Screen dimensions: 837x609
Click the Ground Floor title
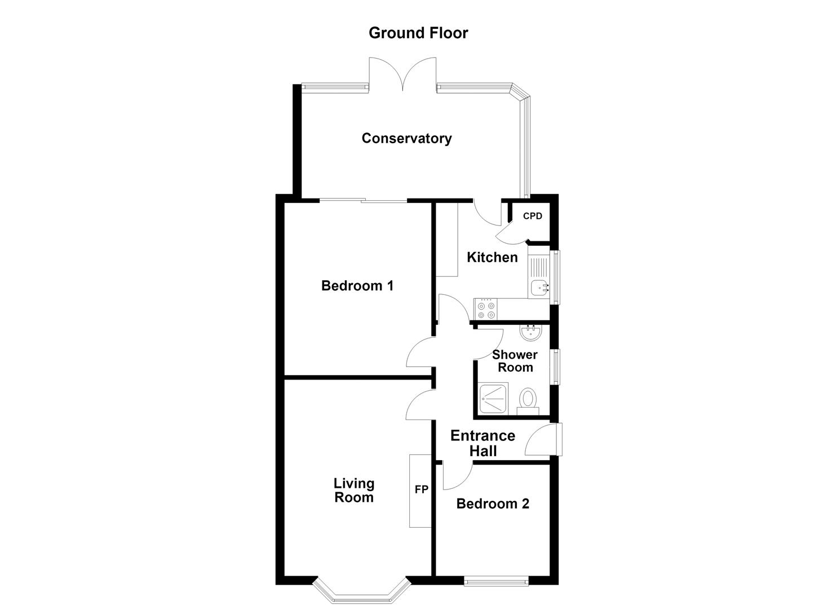418,33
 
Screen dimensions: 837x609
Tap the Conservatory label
406,138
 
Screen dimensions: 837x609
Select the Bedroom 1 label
357,286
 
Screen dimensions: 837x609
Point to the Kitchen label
492,257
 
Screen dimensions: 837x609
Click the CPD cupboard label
533,216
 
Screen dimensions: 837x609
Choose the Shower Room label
515,361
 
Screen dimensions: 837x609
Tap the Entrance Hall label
483,443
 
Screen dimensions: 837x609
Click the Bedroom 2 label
493,504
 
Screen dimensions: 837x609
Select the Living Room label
354,490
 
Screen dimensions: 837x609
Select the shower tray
493,399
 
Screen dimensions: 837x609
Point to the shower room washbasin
530,333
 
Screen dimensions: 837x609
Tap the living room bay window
362,594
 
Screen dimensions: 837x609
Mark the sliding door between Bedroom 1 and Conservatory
363,201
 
